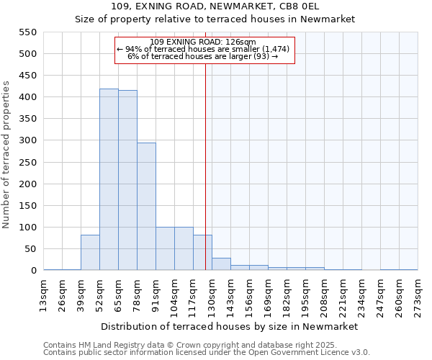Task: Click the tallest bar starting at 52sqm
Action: pos(109,179)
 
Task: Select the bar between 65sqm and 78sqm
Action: pos(127,180)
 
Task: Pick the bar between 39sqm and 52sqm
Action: pos(90,253)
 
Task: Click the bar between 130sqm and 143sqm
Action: pos(221,264)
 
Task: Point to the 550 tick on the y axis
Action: pos(27,32)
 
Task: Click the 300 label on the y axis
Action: pos(27,140)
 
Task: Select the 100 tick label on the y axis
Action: pos(27,228)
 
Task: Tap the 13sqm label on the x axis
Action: pos(43,295)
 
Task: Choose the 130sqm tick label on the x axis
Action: pos(212,295)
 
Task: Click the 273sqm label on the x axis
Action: pos(418,295)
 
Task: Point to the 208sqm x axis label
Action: pos(324,295)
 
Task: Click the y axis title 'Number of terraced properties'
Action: pos(7,154)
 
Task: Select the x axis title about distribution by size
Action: pos(230,326)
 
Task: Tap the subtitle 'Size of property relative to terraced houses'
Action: pos(215,19)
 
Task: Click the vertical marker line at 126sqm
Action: pos(205,166)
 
